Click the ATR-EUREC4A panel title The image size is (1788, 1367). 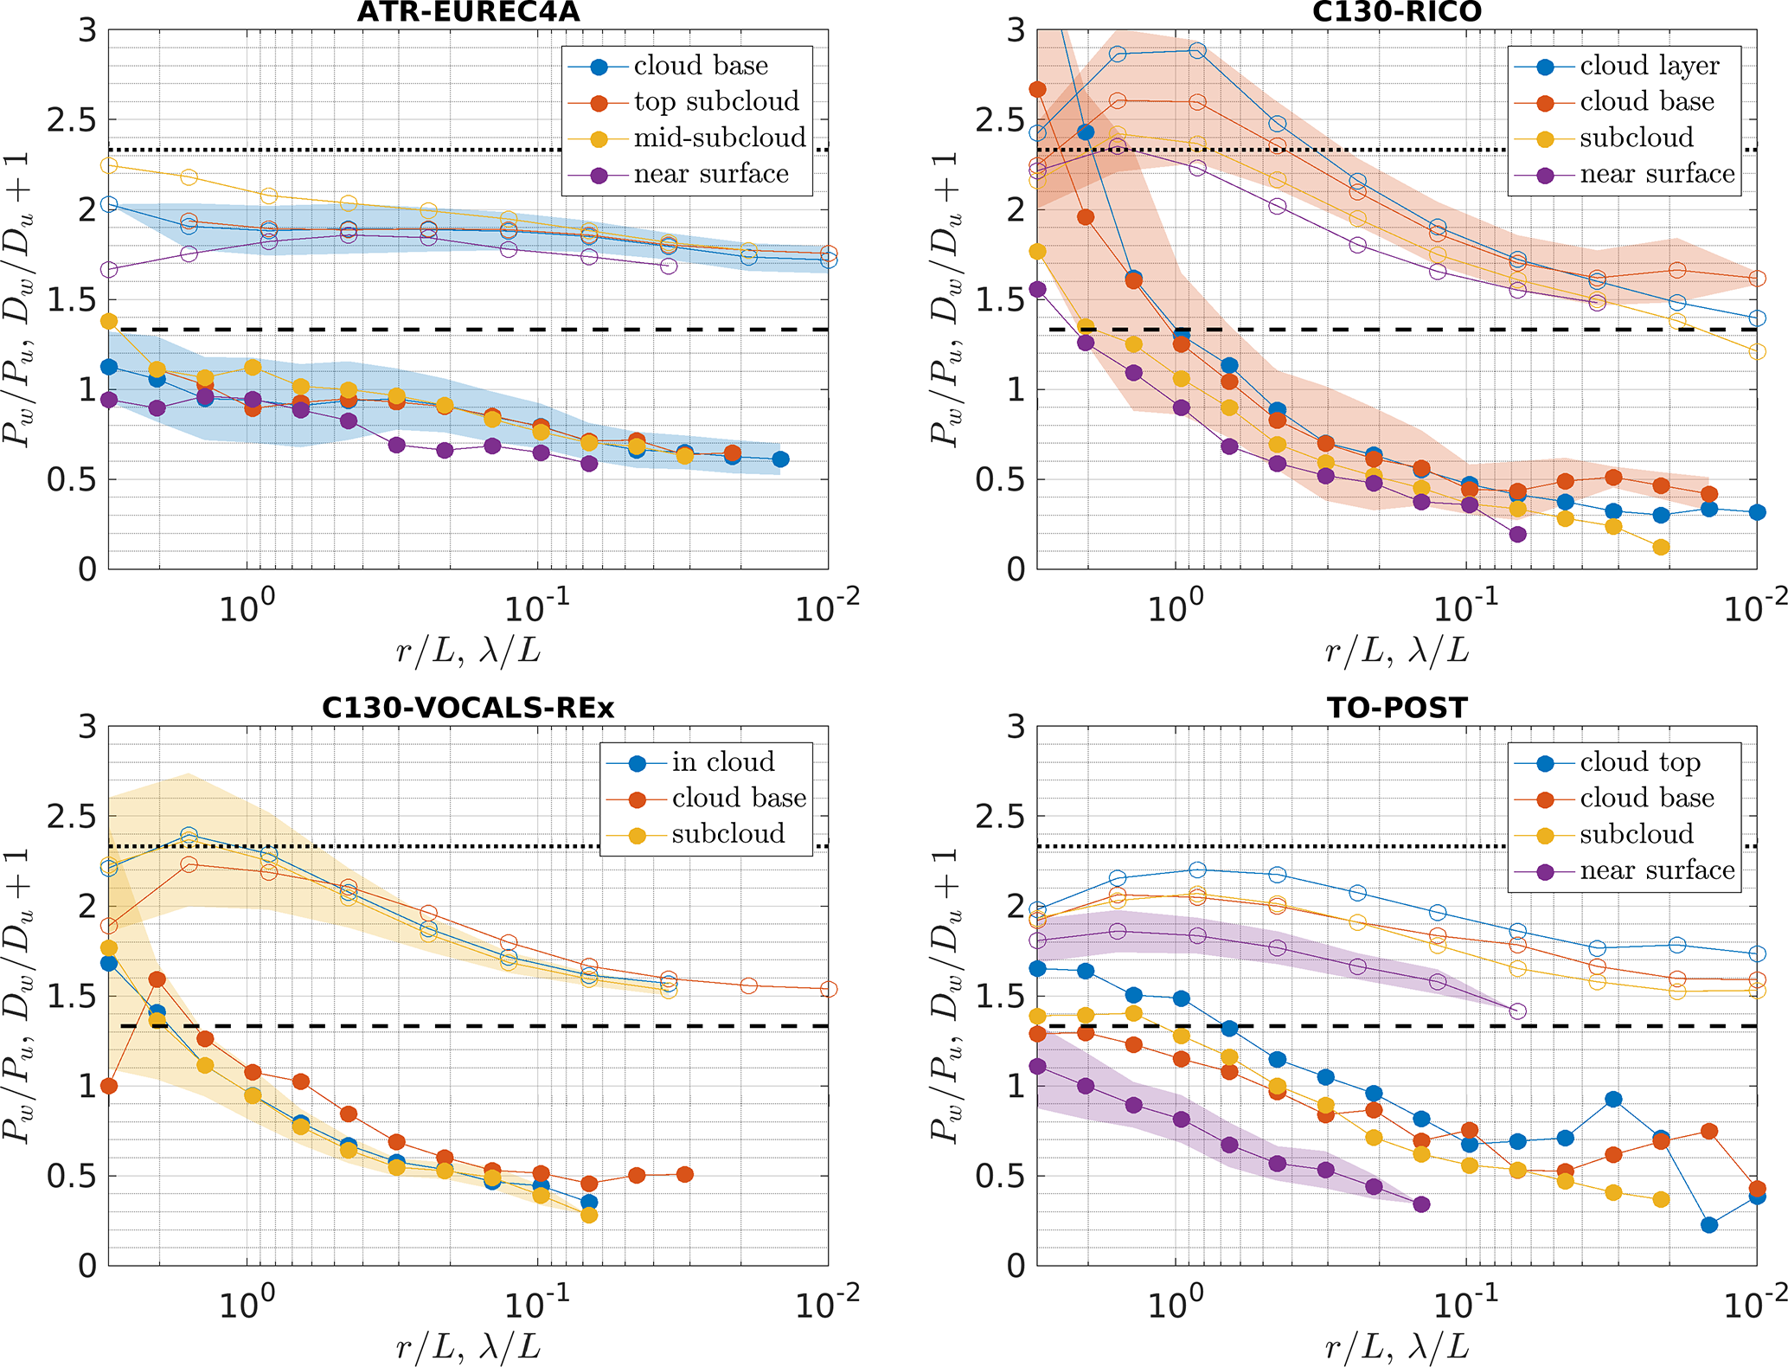pos(468,12)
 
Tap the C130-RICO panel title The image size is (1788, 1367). pos(1396,12)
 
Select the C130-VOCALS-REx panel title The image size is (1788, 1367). pos(468,709)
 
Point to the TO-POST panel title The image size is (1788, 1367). pos(1397,709)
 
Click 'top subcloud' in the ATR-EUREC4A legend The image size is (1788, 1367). pos(716,102)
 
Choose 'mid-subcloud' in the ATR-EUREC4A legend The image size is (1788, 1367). pos(720,138)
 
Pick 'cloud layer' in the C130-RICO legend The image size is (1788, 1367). pos(1649,66)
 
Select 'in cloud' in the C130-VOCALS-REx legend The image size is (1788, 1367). pos(722,762)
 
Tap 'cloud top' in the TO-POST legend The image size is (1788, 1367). pos(1640,762)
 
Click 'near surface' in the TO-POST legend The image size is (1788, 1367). pos(1657,870)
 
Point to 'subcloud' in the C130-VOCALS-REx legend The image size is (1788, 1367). pos(728,834)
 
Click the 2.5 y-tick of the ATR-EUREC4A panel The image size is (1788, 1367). pos(72,120)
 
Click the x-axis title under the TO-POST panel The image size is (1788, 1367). pos(1396,1346)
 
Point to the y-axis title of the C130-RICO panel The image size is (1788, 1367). pos(945,298)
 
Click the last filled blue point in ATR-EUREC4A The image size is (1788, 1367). pos(780,459)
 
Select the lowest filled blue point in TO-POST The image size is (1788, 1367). pos(1708,1225)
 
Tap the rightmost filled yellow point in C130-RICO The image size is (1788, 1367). pos(1660,547)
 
